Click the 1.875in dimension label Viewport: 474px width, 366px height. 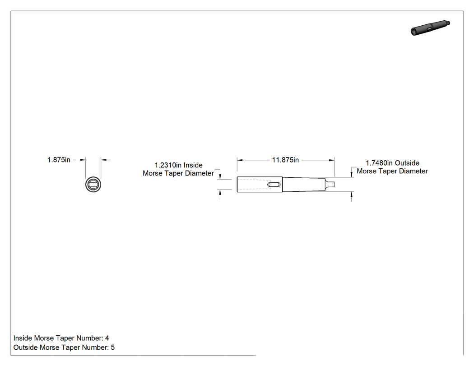tap(59, 160)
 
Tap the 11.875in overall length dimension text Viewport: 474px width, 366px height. tap(285, 160)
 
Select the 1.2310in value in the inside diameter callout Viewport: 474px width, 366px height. tap(168, 165)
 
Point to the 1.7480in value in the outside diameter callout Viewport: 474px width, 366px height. tap(379, 163)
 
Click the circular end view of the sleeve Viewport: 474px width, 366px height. tap(93, 177)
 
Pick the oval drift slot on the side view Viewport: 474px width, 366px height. tap(274, 185)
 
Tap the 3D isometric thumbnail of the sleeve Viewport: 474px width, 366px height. tap(430, 28)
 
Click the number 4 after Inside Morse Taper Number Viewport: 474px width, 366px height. tap(107, 338)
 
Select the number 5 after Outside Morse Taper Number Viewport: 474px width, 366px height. tap(113, 347)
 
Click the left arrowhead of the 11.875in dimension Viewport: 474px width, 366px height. tap(240, 160)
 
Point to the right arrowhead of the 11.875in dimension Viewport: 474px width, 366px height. tap(332, 160)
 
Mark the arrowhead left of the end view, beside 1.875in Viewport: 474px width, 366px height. tap(83, 160)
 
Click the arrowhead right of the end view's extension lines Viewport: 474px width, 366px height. tap(103, 160)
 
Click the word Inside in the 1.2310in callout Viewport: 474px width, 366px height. tap(193, 165)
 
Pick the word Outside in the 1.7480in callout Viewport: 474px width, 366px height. tap(407, 163)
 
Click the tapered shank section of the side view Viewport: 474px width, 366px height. tap(304, 185)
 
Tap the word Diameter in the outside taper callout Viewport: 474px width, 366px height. tap(414, 171)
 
